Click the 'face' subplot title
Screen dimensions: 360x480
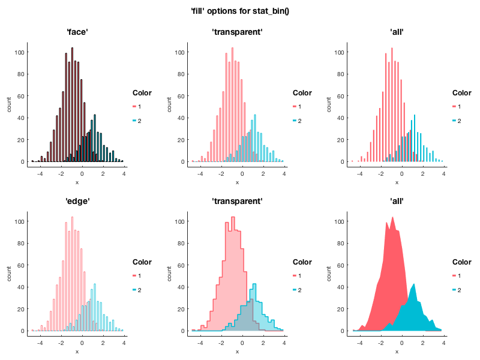tap(77, 32)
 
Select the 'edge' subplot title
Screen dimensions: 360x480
tap(77, 201)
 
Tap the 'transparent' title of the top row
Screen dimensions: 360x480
tap(237, 32)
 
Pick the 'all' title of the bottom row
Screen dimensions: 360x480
tap(397, 201)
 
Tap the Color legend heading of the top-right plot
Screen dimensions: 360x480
tap(461, 93)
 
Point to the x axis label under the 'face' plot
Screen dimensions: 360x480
tap(77, 182)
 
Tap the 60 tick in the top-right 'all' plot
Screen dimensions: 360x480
tap(340, 96)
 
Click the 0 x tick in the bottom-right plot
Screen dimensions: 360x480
tap(402, 343)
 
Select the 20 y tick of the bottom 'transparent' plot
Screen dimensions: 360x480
tap(181, 309)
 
